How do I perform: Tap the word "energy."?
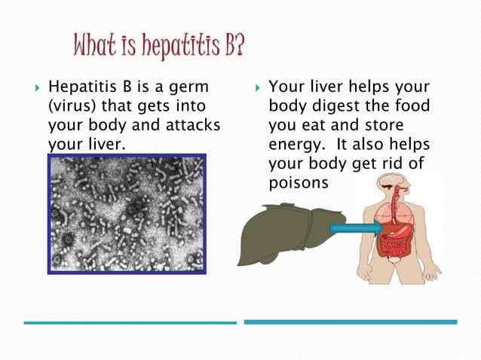(x=296, y=144)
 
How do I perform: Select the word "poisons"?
(x=298, y=183)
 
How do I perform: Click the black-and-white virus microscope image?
(x=126, y=213)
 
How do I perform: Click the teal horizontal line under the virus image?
(x=130, y=322)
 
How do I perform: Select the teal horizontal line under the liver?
(x=351, y=322)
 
